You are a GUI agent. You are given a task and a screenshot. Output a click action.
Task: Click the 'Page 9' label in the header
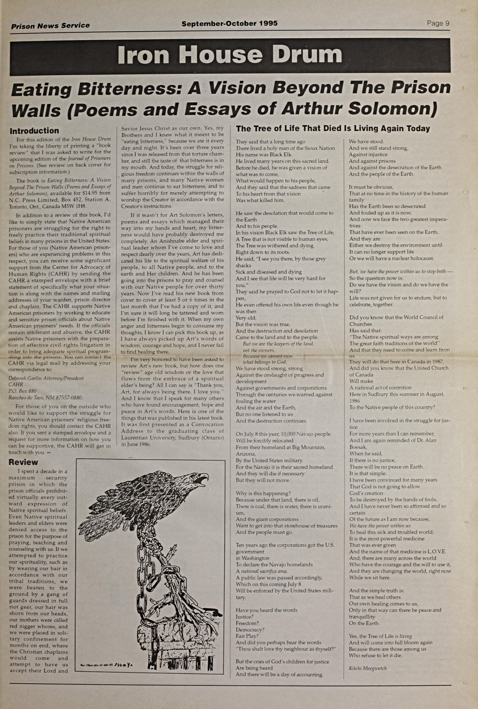[x=438, y=23]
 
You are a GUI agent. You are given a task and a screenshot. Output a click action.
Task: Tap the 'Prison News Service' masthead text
[x=50, y=26]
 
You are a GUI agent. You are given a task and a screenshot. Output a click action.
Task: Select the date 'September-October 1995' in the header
[x=230, y=23]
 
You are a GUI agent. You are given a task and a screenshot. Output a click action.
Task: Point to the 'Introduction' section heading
[x=34, y=131]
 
